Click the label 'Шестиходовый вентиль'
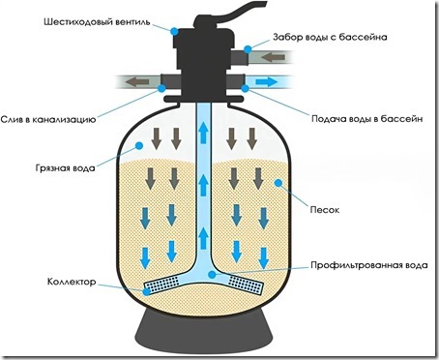click(97, 22)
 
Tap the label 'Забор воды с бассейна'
click(330, 37)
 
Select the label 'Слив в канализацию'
click(48, 119)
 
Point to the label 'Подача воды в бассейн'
click(366, 119)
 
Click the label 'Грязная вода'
click(65, 168)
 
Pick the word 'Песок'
click(325, 210)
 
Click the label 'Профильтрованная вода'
click(369, 265)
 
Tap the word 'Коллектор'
click(72, 282)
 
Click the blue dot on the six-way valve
click(174, 31)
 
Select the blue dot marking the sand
click(278, 183)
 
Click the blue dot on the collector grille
click(147, 292)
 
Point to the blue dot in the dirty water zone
click(139, 145)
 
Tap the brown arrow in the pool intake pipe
click(273, 58)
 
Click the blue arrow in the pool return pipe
click(266, 82)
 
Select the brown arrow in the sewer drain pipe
click(137, 82)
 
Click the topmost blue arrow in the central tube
click(203, 133)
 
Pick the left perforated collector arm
click(161, 285)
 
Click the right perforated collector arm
click(246, 285)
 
